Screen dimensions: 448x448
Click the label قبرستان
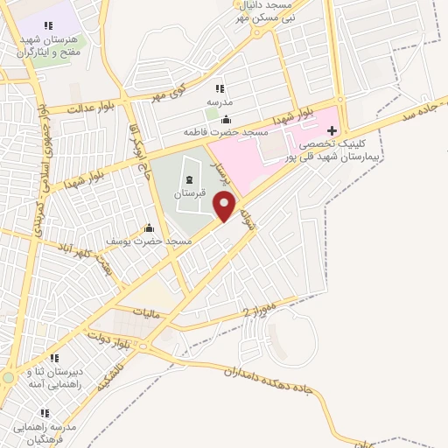tap(188, 192)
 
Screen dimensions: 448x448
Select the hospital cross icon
tap(331, 129)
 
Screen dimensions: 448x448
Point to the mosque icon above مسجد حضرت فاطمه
tap(227, 120)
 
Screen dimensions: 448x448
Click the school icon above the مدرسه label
tap(219, 89)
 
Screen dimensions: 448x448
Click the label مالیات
tap(143, 311)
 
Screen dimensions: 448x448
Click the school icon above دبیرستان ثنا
tap(53, 358)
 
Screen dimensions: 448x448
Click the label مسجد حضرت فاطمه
tap(225, 132)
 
